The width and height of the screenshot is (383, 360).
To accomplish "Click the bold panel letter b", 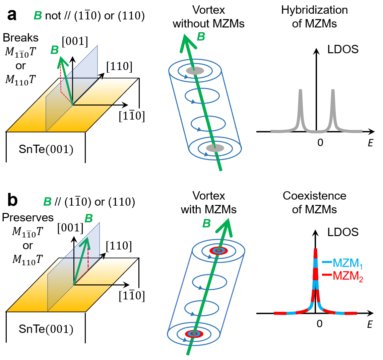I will point(12,201).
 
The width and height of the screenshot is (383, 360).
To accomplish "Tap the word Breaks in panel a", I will point(20,38).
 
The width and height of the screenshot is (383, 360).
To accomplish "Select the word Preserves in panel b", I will point(28,217).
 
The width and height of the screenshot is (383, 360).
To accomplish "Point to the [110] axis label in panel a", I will point(119,67).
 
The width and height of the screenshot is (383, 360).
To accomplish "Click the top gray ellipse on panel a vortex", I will point(195,71).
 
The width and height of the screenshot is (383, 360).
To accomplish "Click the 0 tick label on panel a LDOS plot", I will point(320,142).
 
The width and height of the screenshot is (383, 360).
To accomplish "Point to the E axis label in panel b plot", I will point(370,325).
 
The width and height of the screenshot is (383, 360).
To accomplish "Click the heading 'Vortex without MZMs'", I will point(208,17).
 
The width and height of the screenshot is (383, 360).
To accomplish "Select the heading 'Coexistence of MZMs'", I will point(314,202).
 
